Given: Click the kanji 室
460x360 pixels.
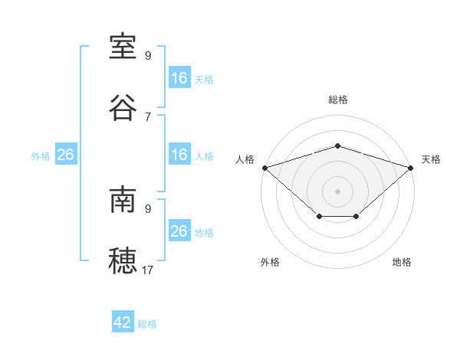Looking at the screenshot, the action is pyautogui.click(x=123, y=47).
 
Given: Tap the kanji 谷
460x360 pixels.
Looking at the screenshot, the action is pyautogui.click(x=123, y=108).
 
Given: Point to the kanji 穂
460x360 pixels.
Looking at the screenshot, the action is pyautogui.click(x=123, y=260).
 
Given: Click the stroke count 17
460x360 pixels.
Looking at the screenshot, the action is pyautogui.click(x=147, y=270).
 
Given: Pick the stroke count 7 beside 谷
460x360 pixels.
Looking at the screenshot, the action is pyautogui.click(x=148, y=117).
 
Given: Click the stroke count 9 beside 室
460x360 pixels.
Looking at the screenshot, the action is pyautogui.click(x=148, y=55).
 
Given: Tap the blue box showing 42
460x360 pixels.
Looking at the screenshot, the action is pyautogui.click(x=123, y=321).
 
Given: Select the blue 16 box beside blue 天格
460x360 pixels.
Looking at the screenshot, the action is pyautogui.click(x=179, y=77).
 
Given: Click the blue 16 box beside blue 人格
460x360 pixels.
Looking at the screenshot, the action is pyautogui.click(x=179, y=154).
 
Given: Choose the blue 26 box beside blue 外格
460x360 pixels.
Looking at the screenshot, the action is pyautogui.click(x=66, y=154).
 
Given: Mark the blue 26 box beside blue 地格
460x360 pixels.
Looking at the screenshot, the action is pyautogui.click(x=179, y=230).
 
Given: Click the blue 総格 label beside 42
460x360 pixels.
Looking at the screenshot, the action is pyautogui.click(x=147, y=324).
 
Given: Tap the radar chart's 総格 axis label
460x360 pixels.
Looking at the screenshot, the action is pyautogui.click(x=337, y=100).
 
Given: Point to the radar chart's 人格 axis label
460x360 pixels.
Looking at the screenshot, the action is pyautogui.click(x=245, y=159).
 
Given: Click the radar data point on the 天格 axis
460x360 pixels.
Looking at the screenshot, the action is pyautogui.click(x=410, y=168).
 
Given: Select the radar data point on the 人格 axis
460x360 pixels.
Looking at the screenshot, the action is pyautogui.click(x=265, y=168).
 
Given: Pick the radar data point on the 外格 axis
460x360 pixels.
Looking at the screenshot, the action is pyautogui.click(x=320, y=216).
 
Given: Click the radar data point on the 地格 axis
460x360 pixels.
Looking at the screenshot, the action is pyautogui.click(x=356, y=216).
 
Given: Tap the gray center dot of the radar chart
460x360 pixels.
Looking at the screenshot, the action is pyautogui.click(x=337, y=191).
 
